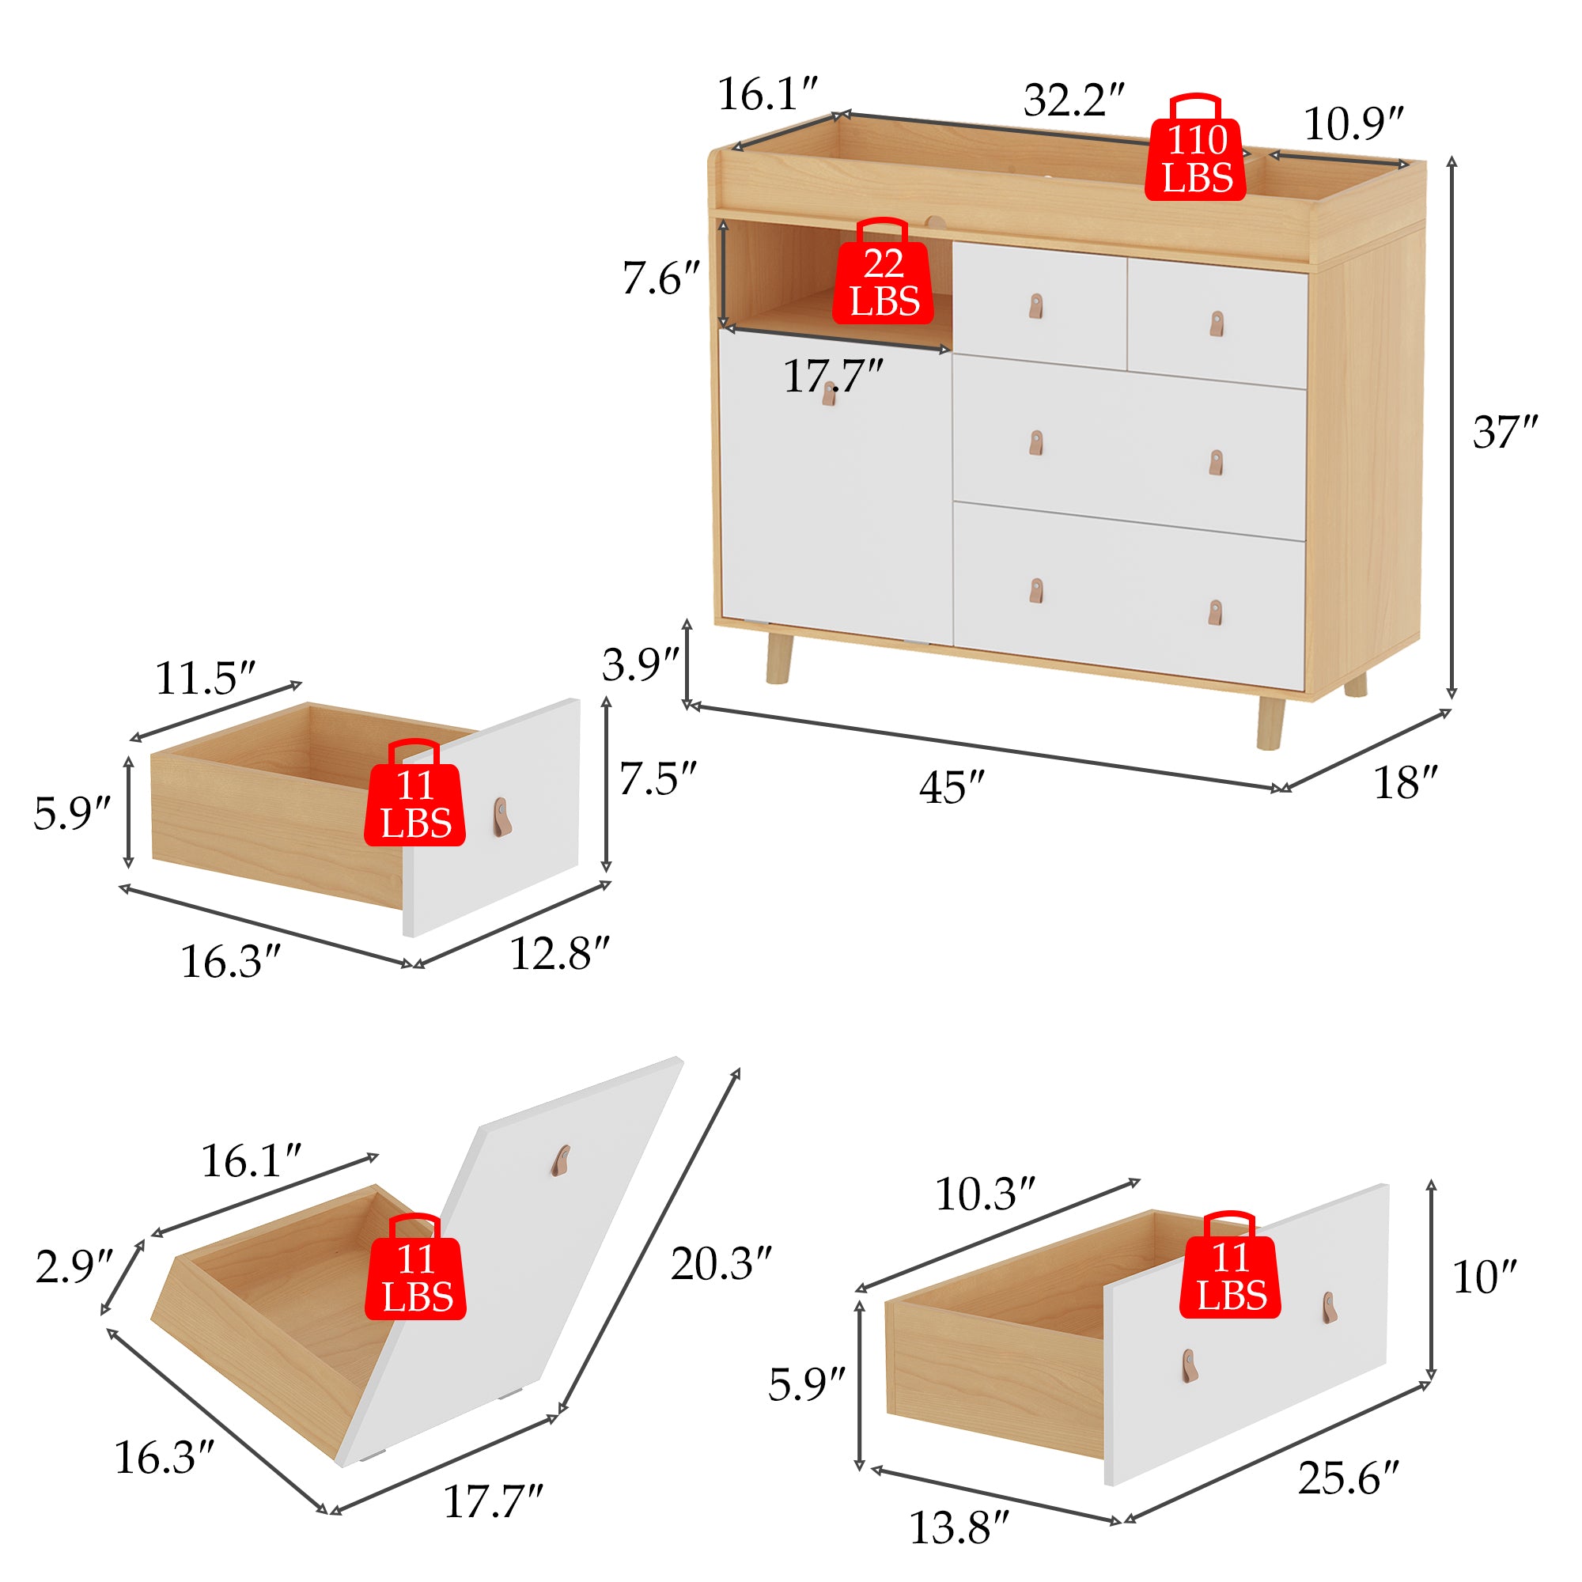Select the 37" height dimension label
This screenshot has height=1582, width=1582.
[1505, 432]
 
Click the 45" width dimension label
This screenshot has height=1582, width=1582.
[951, 787]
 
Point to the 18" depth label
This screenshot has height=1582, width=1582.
[1405, 782]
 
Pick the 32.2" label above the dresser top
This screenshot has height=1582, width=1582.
[1073, 100]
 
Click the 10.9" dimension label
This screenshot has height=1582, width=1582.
[1353, 123]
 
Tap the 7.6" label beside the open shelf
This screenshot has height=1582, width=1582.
[660, 278]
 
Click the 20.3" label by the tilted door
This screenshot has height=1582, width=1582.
[721, 1263]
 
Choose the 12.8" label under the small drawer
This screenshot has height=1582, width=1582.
[559, 954]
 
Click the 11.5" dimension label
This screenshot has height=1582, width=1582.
[205, 678]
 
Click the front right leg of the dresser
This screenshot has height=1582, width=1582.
[1270, 722]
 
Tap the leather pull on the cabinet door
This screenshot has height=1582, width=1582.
[829, 394]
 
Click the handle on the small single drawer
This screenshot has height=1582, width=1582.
[501, 817]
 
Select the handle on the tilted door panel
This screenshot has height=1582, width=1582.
[561, 1161]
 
